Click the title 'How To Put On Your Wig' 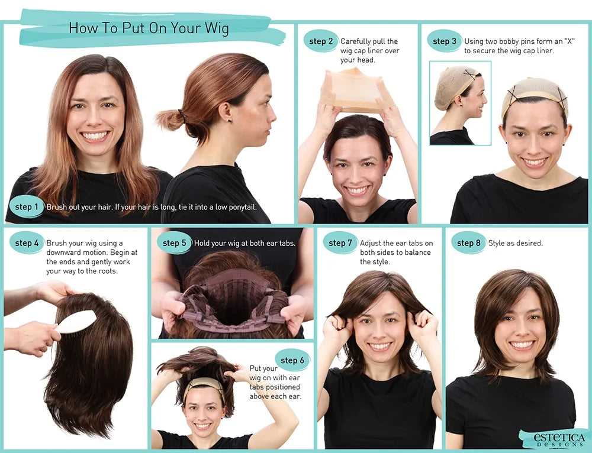coord(149,28)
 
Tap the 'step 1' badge coord(27,207)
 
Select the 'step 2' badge coord(321,41)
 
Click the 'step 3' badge coord(445,41)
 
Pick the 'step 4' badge coord(27,243)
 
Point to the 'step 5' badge coord(175,243)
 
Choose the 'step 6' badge coord(292,360)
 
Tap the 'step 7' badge coord(340,243)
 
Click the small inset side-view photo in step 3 coord(460,103)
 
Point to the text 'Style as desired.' coord(515,243)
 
